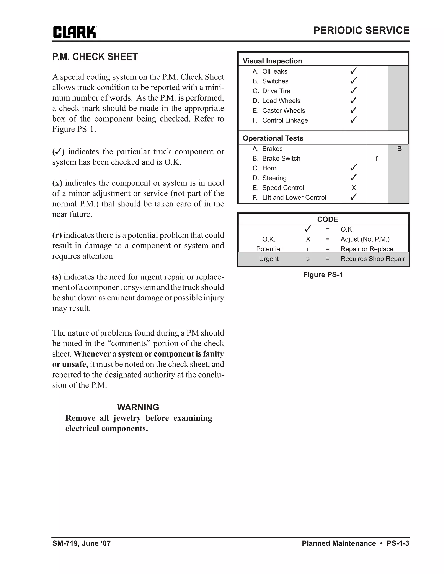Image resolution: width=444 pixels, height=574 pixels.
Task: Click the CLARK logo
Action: (x=75, y=32)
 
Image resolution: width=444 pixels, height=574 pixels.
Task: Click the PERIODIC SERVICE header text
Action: (x=361, y=31)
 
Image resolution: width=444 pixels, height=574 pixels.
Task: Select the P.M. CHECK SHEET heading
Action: (x=95, y=57)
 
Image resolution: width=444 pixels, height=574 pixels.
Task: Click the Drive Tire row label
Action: (x=276, y=91)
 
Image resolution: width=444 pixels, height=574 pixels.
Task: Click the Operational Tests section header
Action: (x=273, y=138)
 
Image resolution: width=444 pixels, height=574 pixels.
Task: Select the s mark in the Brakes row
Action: (x=399, y=149)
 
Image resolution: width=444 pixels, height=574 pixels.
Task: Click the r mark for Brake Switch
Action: (x=377, y=158)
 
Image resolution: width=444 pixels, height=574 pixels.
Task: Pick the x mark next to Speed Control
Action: (x=354, y=188)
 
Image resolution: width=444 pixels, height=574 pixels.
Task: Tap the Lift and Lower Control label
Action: (x=294, y=197)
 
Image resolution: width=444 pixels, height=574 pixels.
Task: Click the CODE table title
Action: (x=328, y=219)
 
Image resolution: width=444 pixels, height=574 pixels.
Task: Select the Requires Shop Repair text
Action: (x=372, y=259)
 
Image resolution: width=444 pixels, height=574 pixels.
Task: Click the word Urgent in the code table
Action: (x=269, y=259)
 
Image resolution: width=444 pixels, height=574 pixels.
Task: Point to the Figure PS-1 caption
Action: (x=323, y=275)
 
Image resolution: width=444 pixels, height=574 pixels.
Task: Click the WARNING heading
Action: (x=138, y=407)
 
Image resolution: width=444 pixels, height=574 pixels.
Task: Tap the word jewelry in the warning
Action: (x=127, y=418)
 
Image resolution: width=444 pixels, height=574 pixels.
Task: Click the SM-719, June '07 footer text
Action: (x=82, y=543)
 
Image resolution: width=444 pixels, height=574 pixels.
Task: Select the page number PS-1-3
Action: (x=398, y=543)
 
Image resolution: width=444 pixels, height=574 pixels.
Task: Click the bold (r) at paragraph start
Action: (x=57, y=235)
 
